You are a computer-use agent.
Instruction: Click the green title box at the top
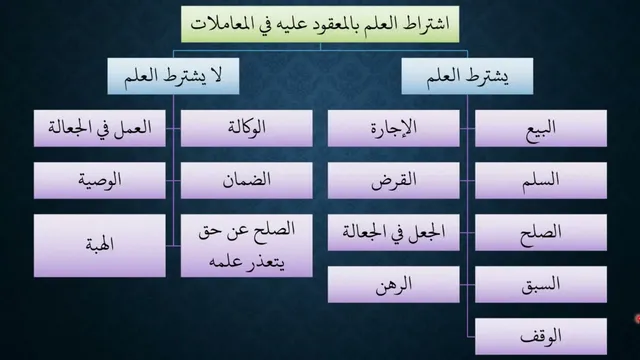click(320, 24)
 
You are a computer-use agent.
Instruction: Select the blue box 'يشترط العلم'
click(467, 76)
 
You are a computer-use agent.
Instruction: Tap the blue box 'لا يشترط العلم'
click(173, 76)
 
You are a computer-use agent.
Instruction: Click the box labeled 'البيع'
click(541, 128)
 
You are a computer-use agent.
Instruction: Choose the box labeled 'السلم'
click(541, 180)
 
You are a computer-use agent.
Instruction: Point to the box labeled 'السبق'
click(541, 284)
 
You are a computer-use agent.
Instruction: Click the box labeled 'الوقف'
click(541, 337)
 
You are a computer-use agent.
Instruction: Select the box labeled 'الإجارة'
click(393, 128)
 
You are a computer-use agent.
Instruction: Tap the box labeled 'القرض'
click(393, 180)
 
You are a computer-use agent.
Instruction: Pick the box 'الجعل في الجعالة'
click(393, 232)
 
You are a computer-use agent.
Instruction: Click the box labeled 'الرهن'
click(393, 284)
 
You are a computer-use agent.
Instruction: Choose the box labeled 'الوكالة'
click(247, 128)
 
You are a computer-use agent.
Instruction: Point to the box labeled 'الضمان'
click(247, 180)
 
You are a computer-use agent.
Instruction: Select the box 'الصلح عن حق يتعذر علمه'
click(247, 246)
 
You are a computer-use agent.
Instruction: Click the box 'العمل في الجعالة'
click(100, 128)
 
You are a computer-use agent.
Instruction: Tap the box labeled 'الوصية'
click(100, 180)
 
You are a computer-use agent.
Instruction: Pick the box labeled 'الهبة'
click(100, 246)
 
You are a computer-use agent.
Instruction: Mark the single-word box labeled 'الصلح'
click(541, 232)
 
